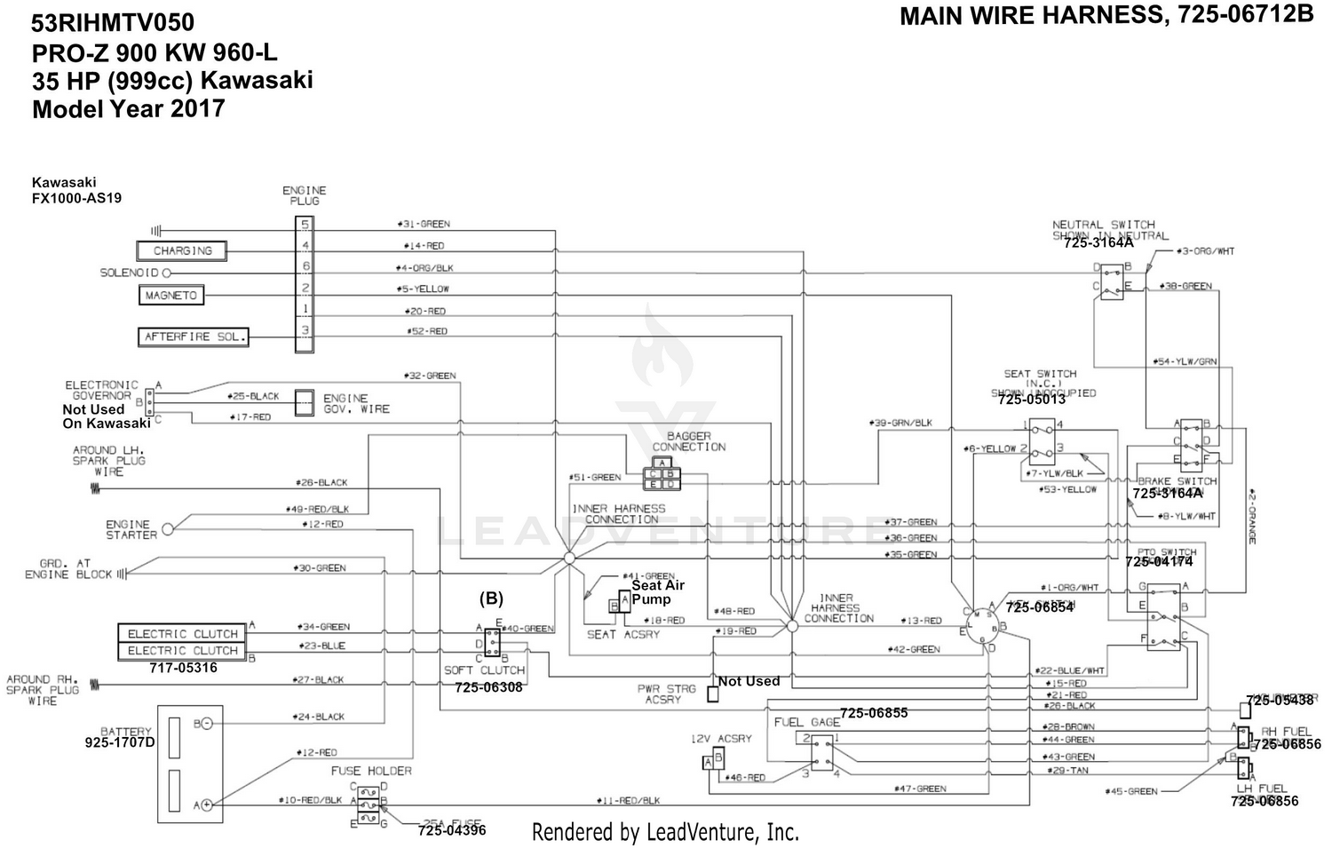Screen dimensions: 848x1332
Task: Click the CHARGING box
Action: [x=182, y=251]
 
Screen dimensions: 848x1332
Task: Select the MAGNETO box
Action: [x=170, y=295]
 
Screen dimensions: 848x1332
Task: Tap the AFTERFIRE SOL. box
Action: [x=193, y=337]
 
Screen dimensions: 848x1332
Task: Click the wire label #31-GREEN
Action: [x=423, y=224]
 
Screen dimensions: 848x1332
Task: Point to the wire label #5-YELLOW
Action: [x=423, y=289]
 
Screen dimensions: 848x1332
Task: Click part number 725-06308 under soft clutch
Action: [x=488, y=687]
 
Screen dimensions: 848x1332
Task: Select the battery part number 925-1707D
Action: [x=120, y=741]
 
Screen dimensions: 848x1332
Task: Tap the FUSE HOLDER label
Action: [x=371, y=771]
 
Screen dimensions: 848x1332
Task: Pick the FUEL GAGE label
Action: [x=806, y=722]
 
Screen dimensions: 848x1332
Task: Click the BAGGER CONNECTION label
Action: [x=688, y=441]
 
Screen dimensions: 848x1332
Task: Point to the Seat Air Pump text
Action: [x=657, y=592]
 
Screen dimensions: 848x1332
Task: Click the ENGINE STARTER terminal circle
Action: [x=168, y=529]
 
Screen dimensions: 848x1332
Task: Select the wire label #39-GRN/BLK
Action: [x=903, y=424]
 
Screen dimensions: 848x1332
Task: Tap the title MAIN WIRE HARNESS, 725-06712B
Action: [x=1106, y=16]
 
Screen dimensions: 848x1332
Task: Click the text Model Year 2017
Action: [x=129, y=109]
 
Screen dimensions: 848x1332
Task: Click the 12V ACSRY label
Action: [x=721, y=739]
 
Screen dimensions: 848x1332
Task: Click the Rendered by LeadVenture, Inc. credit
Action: [x=665, y=832]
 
